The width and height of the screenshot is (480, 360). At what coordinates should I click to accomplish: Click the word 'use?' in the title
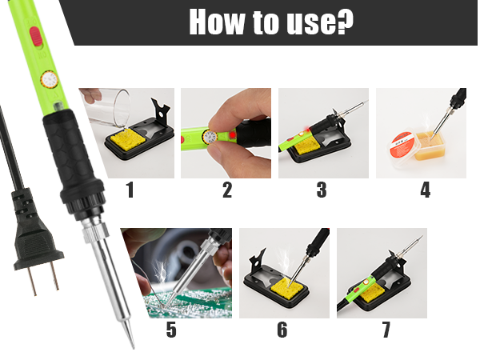[316, 23]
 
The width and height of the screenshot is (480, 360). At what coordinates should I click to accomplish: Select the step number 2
[227, 190]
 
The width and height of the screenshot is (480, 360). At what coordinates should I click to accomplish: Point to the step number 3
[322, 190]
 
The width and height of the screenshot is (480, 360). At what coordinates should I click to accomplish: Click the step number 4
[424, 190]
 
